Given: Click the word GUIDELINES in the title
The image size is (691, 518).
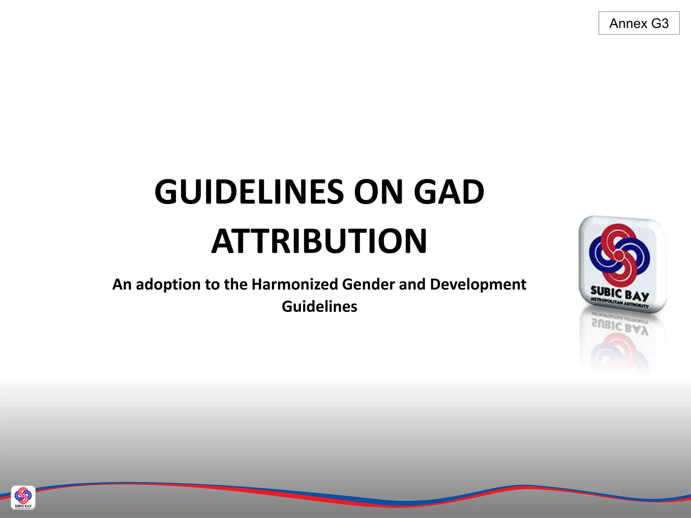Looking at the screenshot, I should click(249, 192).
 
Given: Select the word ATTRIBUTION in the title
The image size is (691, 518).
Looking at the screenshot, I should click(319, 241).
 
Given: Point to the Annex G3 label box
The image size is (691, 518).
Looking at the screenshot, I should click(639, 23).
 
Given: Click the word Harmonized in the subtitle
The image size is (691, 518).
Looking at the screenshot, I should click(295, 284).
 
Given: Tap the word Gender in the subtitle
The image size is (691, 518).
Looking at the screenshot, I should click(368, 284).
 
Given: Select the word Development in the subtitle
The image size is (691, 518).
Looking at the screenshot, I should click(478, 284).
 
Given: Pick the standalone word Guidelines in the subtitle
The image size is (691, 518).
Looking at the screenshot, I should click(319, 307).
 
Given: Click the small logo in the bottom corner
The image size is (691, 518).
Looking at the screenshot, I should click(23, 497).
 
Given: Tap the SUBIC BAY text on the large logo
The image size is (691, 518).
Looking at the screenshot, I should click(619, 294).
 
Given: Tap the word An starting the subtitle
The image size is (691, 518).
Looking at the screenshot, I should click(122, 284).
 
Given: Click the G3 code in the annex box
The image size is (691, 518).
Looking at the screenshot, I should click(660, 24).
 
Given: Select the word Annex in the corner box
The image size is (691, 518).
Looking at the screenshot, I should click(628, 24).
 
